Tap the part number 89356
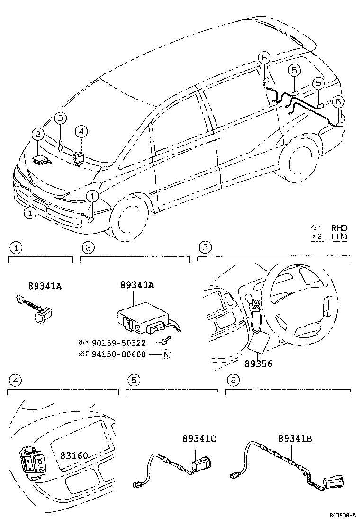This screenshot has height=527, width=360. (258, 364)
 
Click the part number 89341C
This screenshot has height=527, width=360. (199, 439)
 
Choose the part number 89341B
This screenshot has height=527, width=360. (295, 439)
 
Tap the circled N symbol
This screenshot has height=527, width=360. (166, 354)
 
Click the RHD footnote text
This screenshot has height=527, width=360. (339, 228)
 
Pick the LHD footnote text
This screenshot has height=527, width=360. (339, 236)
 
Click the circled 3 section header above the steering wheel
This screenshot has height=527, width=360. (204, 247)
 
